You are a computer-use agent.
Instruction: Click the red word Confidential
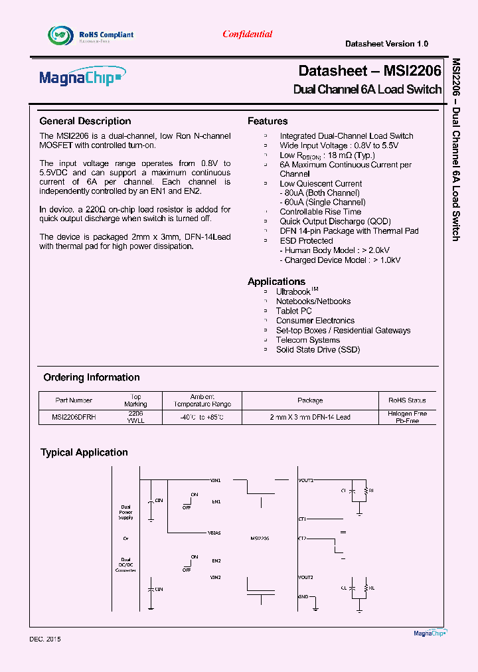point(247,35)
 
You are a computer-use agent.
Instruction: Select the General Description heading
point(85,121)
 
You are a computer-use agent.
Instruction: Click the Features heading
point(268,121)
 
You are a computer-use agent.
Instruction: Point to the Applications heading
point(276,282)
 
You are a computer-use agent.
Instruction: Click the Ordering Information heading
point(92,377)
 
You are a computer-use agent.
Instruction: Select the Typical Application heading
point(84,452)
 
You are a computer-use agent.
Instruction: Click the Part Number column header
point(74,400)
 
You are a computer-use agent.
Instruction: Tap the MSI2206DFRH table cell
point(74,417)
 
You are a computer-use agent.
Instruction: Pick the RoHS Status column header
point(407,400)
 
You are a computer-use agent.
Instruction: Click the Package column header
point(310,400)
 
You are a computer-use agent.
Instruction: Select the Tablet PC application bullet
point(293,311)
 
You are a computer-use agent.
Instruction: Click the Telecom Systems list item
point(307,340)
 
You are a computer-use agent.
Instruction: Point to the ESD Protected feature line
point(306,241)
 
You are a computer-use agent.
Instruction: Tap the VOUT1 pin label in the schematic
point(306,480)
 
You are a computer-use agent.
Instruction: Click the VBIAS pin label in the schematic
point(214,533)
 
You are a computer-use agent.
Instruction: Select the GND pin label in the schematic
point(303,596)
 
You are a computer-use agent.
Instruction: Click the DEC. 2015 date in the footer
point(45,639)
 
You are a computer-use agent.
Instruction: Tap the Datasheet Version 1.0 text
point(386,44)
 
